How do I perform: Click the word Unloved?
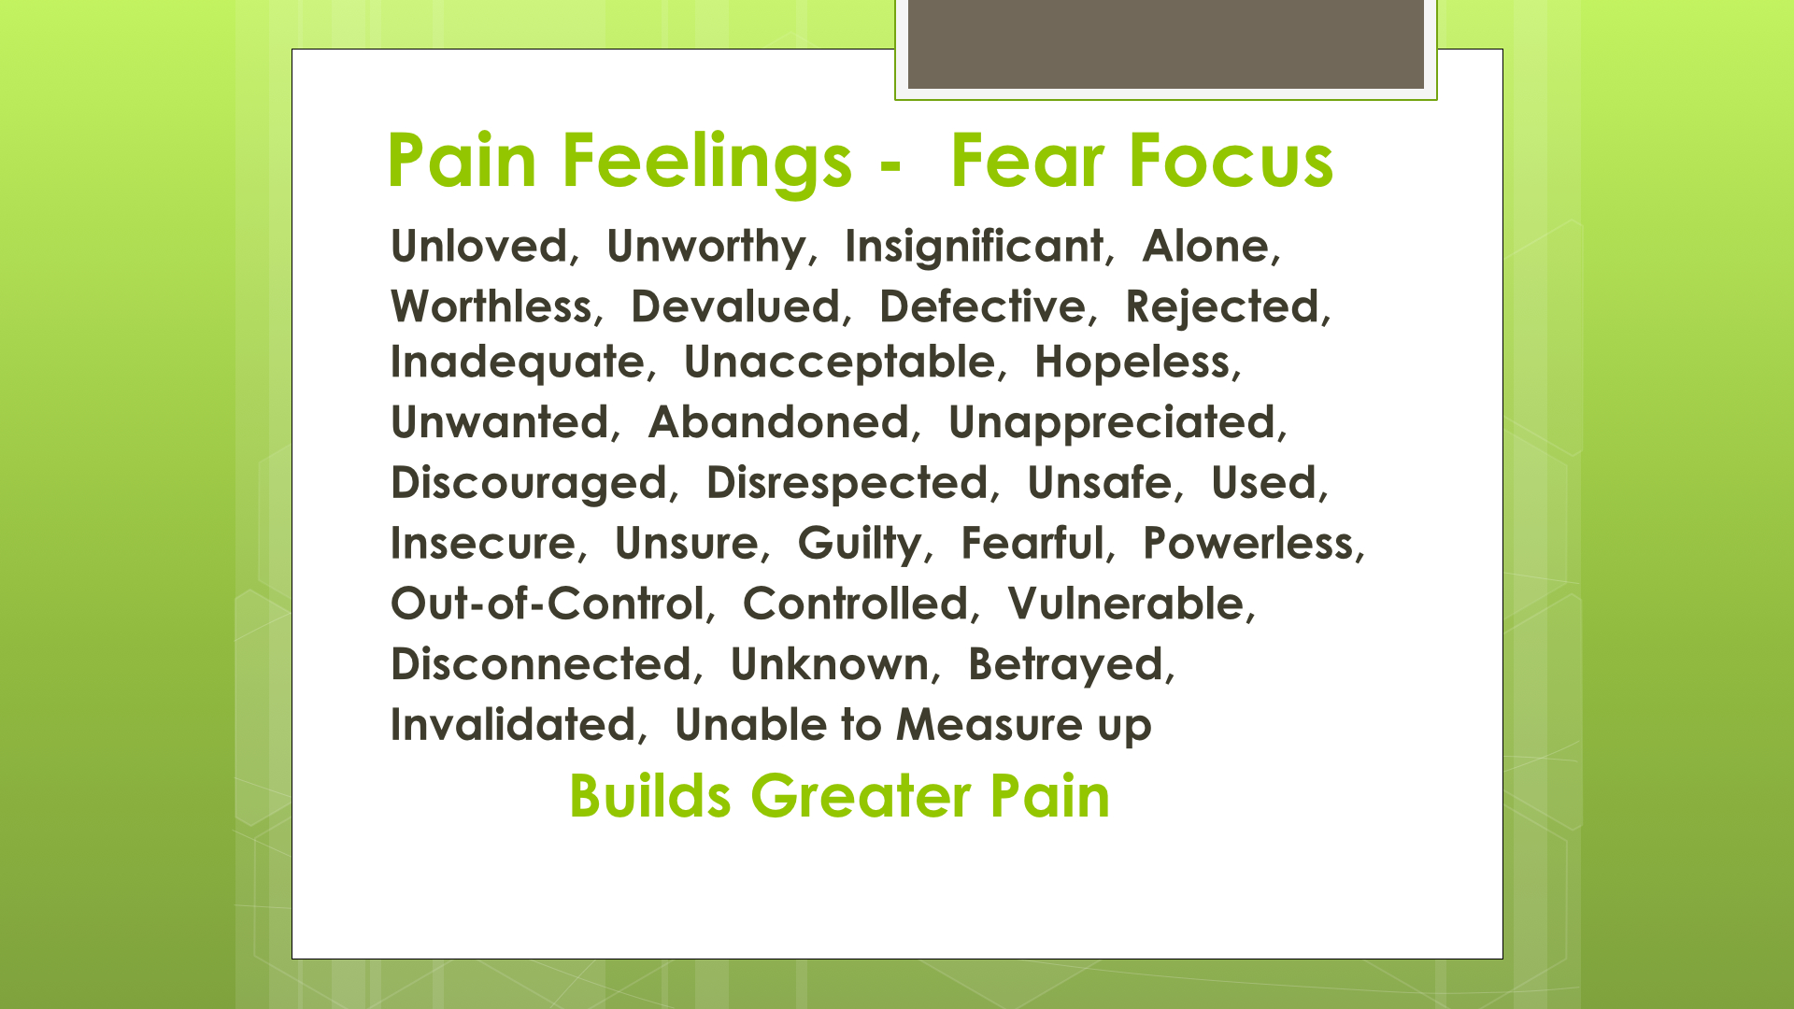pyautogui.click(x=478, y=247)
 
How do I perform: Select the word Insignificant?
pyautogui.click(x=974, y=247)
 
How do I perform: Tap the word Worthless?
pyautogui.click(x=491, y=306)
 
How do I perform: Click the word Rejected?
pyautogui.click(x=1222, y=307)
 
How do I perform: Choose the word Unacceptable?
pyautogui.click(x=840, y=362)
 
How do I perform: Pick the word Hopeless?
pyautogui.click(x=1132, y=362)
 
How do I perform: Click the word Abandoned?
pyautogui.click(x=778, y=422)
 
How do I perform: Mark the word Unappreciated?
pyautogui.click(x=1112, y=423)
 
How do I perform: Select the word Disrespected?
pyautogui.click(x=847, y=484)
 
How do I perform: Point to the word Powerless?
pyautogui.click(x=1248, y=544)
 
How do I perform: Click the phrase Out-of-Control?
pyautogui.click(x=547, y=604)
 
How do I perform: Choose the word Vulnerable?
pyautogui.click(x=1126, y=604)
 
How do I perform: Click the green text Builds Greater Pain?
pyautogui.click(x=839, y=796)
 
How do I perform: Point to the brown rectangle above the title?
pyautogui.click(x=1166, y=44)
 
